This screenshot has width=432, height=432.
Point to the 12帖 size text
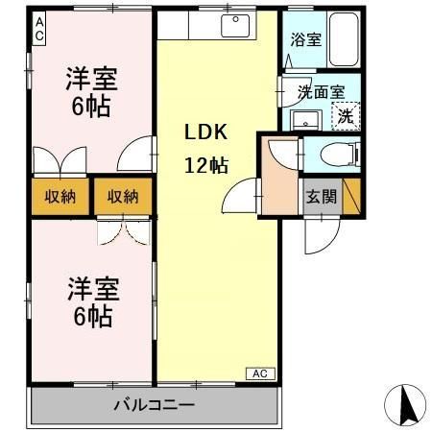tap(205, 164)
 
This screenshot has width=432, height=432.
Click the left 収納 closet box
tap(60, 197)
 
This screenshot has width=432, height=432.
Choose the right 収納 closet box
tap(123, 197)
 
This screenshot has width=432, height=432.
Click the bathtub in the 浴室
tap(342, 40)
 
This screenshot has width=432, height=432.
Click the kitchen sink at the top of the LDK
tap(235, 26)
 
